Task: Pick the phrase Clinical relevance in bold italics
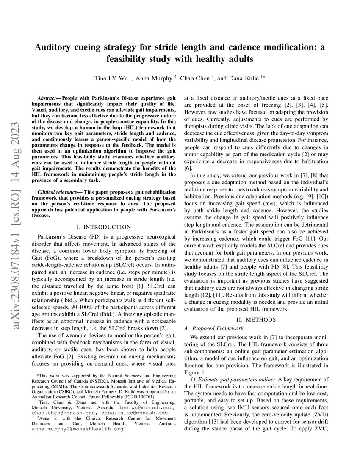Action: (x=57, y=192)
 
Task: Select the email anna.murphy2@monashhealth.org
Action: (x=78, y=429)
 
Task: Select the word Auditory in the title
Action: (x=55, y=47)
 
